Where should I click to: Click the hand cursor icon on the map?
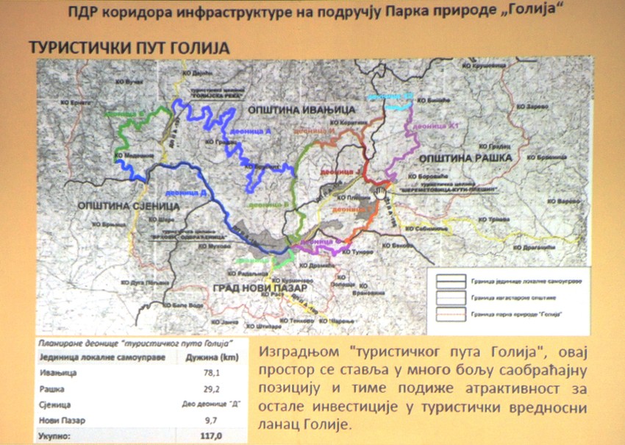[x=378, y=193]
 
